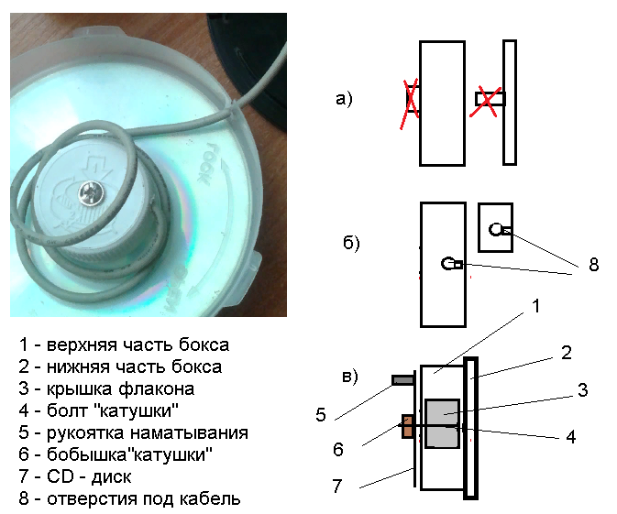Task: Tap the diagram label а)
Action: [344, 100]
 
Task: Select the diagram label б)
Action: [350, 244]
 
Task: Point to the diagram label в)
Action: [348, 376]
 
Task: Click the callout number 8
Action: [593, 265]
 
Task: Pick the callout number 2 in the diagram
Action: [567, 352]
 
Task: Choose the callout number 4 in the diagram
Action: [570, 437]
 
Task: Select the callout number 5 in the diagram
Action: [321, 414]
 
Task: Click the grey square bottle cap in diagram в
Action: [443, 423]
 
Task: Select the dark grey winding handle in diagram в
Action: [403, 379]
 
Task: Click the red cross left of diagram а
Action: [412, 99]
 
